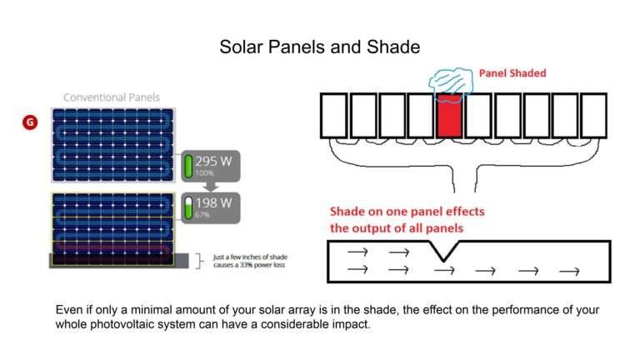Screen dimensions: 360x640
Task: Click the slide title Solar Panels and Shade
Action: (320, 47)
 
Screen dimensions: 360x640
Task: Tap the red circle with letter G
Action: (29, 122)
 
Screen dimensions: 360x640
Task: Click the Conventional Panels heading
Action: (112, 97)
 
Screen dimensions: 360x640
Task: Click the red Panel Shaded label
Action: (512, 73)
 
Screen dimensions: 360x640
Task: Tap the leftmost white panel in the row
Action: (333, 115)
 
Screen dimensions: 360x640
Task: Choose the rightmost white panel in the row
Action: (592, 115)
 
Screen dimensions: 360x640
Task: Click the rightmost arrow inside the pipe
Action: (569, 271)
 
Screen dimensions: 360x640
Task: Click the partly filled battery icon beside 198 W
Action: (188, 207)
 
